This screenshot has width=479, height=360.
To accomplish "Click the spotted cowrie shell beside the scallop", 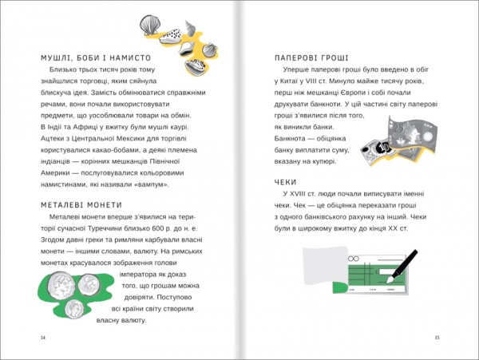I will tap(172, 35).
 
